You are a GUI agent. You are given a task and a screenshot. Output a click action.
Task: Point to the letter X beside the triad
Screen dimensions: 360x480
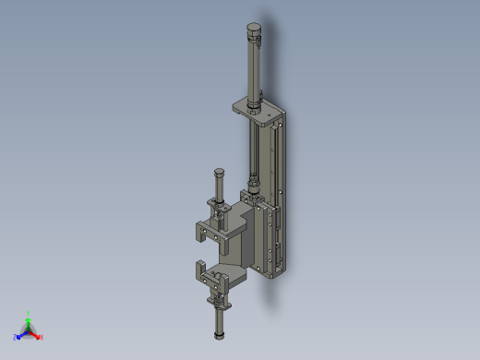(42, 338)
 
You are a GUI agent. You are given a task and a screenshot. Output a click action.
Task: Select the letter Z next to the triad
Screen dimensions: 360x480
(15, 338)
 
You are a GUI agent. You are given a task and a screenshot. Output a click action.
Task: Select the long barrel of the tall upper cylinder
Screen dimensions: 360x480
(254, 69)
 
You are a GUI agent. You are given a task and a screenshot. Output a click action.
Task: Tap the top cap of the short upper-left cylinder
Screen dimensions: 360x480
(219, 173)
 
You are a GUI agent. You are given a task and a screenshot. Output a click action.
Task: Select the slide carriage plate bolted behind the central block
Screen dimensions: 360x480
(263, 240)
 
